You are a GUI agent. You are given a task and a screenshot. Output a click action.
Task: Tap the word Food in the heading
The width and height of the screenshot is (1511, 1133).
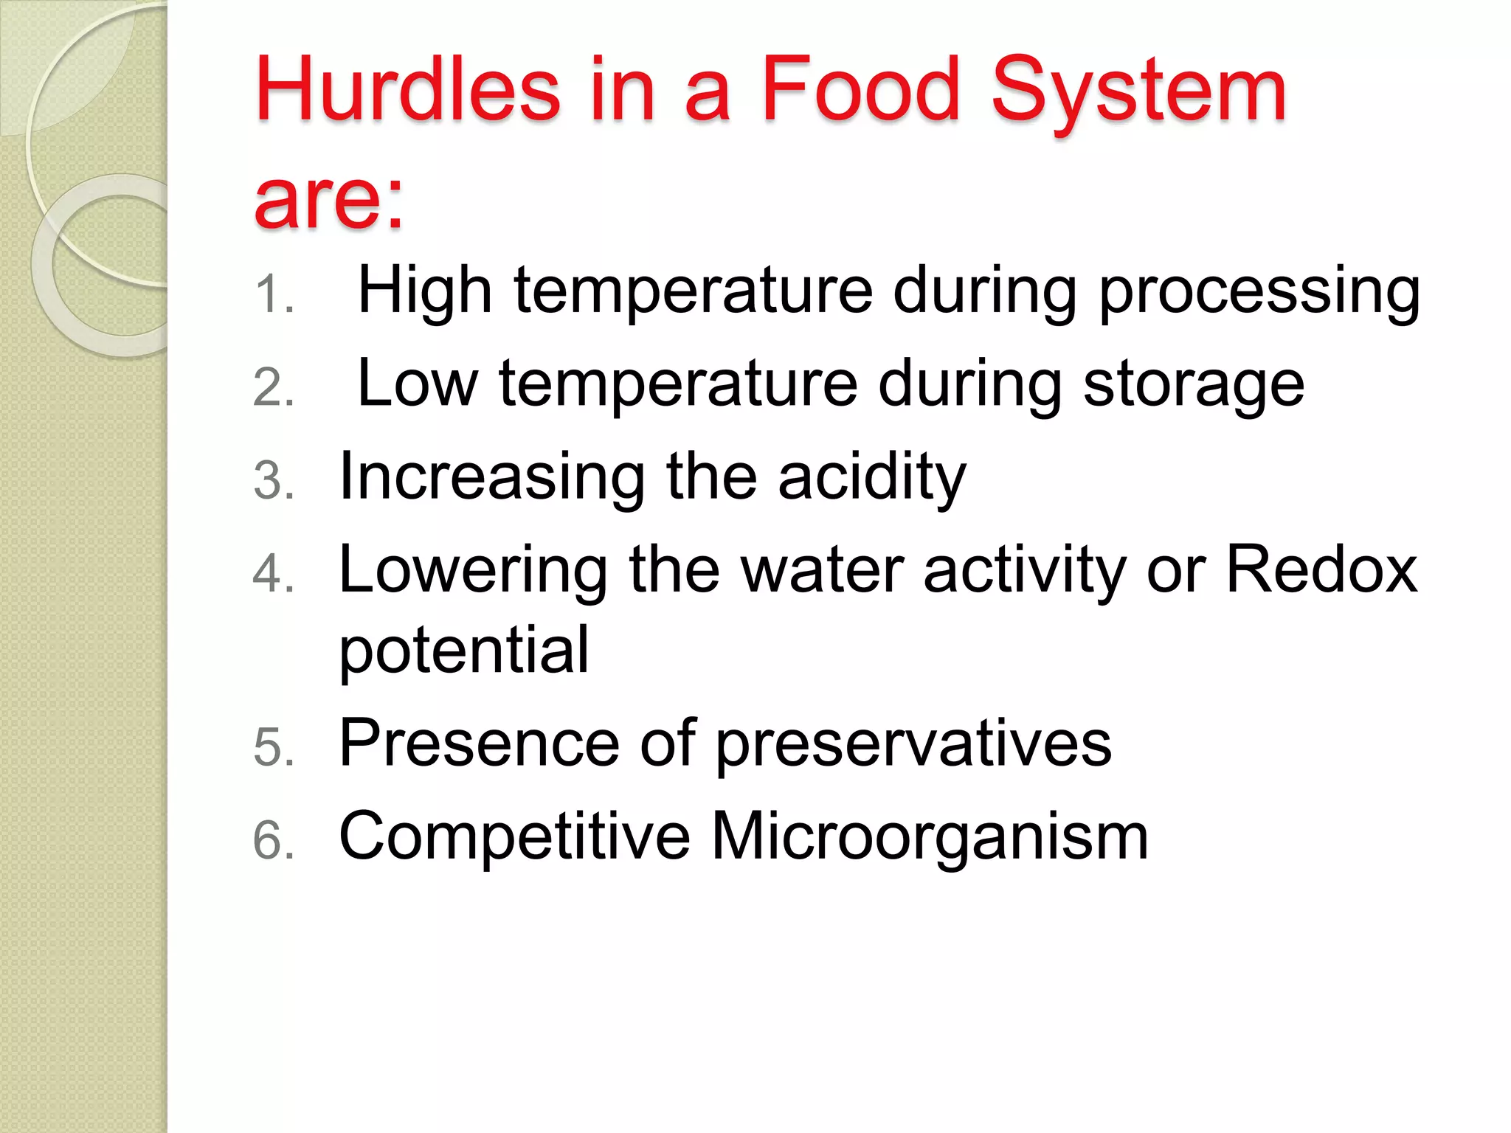(x=860, y=90)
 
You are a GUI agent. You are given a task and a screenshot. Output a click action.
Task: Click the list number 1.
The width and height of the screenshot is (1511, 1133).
(x=273, y=294)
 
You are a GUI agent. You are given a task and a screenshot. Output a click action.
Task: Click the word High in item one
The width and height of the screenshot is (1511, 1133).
(x=424, y=291)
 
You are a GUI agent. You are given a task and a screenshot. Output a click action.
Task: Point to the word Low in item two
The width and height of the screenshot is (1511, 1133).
(x=418, y=384)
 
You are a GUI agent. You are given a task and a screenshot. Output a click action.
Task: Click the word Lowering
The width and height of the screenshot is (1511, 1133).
(x=473, y=571)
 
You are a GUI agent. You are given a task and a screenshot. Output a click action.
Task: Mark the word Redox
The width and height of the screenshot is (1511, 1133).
(x=1321, y=569)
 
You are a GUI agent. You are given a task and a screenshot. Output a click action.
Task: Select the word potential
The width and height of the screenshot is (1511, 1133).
(x=463, y=651)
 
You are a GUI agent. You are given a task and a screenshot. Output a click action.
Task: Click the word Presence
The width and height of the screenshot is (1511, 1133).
(x=479, y=743)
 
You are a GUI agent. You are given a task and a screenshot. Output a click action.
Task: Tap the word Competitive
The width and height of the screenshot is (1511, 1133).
(x=514, y=836)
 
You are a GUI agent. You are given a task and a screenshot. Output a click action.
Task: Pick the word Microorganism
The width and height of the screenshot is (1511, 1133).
(x=929, y=838)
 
